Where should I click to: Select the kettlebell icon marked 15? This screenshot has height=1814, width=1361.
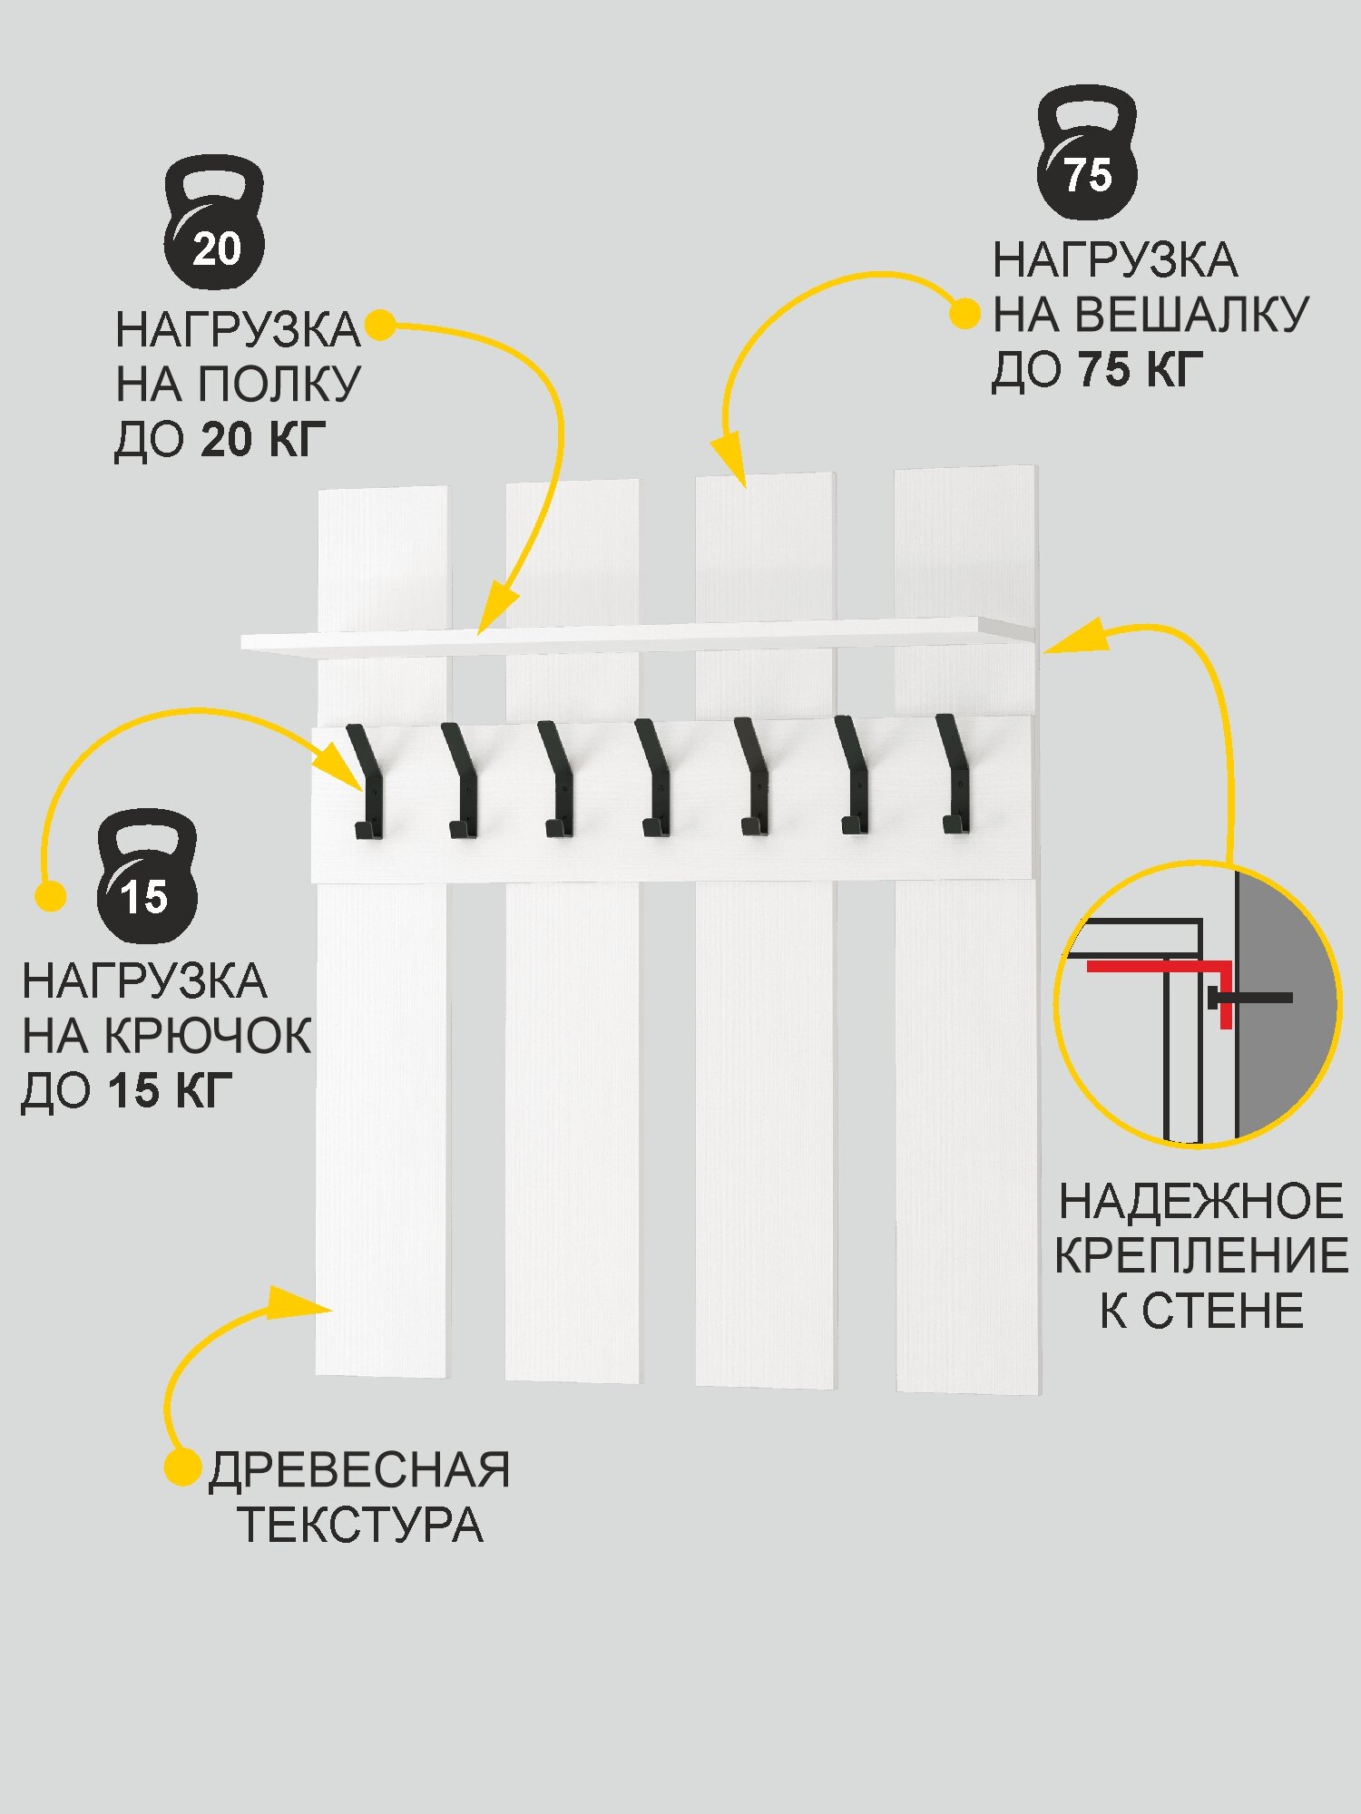[x=147, y=877]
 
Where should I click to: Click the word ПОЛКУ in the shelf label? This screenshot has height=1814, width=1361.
[x=279, y=385]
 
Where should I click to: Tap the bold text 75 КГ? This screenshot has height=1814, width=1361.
[x=1141, y=370]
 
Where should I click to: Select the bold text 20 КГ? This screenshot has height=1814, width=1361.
[x=262, y=440]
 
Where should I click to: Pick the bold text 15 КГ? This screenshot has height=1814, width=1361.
[x=170, y=1090]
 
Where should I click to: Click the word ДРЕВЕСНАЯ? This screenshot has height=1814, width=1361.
[x=359, y=1470]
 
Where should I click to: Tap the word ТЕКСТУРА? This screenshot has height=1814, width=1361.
[x=360, y=1525]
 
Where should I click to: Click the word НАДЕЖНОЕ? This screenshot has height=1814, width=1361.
[x=1200, y=1202]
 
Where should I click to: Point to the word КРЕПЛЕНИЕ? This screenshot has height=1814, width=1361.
[x=1200, y=1256]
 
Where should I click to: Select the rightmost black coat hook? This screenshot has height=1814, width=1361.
[x=954, y=775]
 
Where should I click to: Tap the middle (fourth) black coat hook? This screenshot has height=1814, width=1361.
[x=653, y=778]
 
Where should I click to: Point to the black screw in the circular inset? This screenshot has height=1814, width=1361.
[x=1252, y=998]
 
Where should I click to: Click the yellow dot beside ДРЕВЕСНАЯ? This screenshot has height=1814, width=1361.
[x=181, y=1468]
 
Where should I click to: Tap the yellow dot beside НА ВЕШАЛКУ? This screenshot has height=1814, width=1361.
[x=964, y=315]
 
